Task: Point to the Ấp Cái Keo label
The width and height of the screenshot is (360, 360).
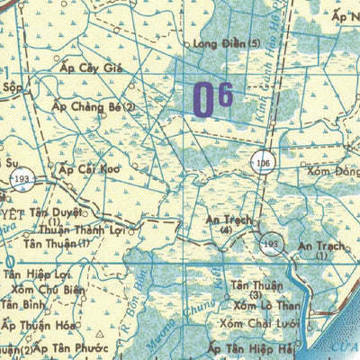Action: coord(89,169)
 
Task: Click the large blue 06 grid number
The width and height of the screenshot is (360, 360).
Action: coord(213,99)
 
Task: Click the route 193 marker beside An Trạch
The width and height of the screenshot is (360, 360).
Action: coord(272,243)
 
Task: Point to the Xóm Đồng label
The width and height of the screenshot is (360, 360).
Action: coord(333,171)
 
